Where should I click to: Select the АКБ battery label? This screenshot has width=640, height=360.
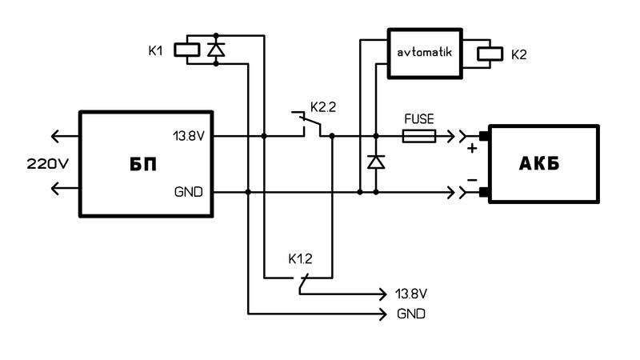tap(544, 165)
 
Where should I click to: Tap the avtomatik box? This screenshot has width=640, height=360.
tap(426, 54)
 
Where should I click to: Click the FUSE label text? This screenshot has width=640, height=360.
tap(418, 118)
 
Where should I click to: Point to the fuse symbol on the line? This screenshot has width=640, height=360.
tap(418, 138)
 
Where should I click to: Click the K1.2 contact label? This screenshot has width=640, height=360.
tap(302, 259)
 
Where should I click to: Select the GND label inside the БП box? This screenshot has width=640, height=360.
tap(189, 192)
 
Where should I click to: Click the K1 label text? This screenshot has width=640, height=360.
tap(156, 50)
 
